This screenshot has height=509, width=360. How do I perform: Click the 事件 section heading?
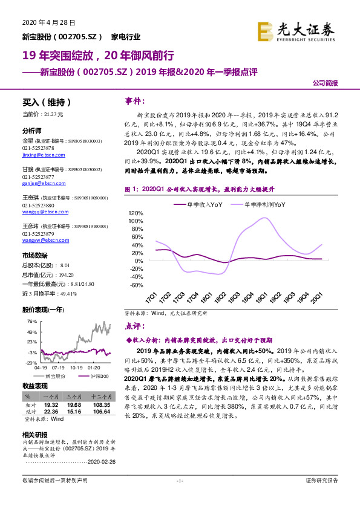(x=134, y=100)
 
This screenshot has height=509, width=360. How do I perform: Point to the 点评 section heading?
(x=134, y=325)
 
